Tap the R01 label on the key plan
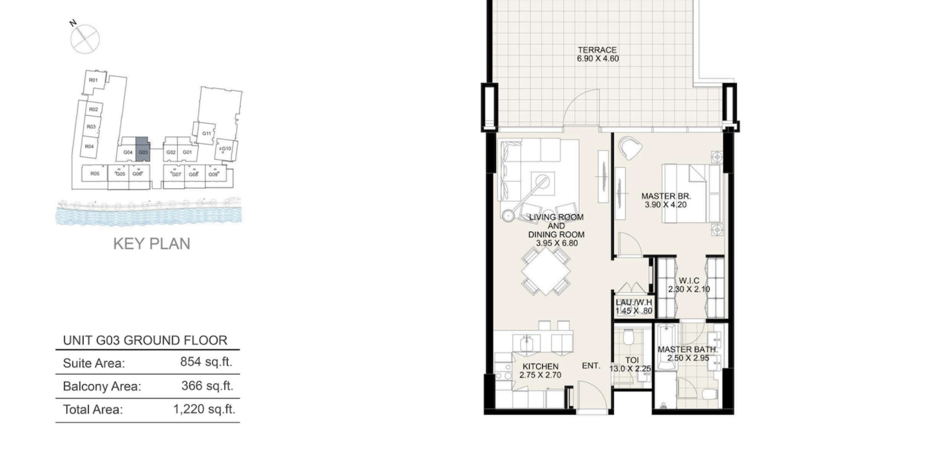click(93, 80)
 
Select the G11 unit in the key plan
click(206, 133)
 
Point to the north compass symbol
click(84, 38)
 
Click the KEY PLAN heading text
click(152, 244)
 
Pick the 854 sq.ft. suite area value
click(206, 362)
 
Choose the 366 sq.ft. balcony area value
click(207, 385)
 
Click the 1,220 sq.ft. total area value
click(204, 409)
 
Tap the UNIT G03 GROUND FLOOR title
click(145, 340)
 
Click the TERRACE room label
click(597, 50)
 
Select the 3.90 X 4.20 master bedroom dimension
click(665, 205)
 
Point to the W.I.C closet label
click(689, 280)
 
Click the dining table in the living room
click(546, 271)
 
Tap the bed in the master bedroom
click(691, 193)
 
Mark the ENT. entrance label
click(591, 366)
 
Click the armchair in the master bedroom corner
click(630, 148)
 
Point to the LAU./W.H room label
click(633, 302)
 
